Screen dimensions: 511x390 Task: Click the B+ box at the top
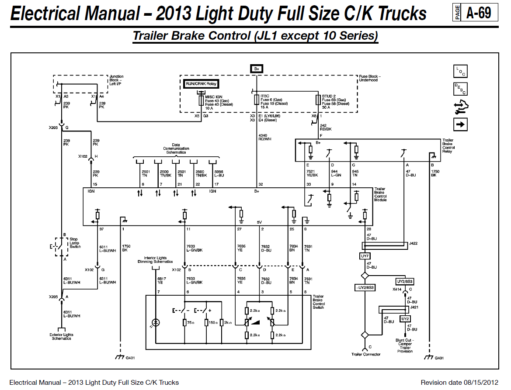[x=257, y=69]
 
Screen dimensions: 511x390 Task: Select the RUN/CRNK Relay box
[x=201, y=84]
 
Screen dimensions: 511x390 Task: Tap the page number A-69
[x=479, y=13]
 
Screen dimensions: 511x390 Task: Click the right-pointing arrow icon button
[x=460, y=124]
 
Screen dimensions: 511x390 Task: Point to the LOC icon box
[x=460, y=71]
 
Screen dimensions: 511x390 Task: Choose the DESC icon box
[x=460, y=89]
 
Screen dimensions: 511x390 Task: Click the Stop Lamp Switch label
[x=75, y=243]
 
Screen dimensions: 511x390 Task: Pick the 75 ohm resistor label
[x=191, y=323]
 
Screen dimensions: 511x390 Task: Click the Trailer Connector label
[x=365, y=354]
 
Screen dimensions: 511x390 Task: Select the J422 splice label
[x=413, y=243]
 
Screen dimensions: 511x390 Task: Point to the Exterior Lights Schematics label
[x=61, y=337]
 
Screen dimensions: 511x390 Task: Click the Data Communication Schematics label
[x=176, y=148]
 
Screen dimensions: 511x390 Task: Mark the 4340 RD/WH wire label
[x=264, y=137]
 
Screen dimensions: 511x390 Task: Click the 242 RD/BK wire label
[x=326, y=127]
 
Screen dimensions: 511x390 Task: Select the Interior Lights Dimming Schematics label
[x=155, y=260]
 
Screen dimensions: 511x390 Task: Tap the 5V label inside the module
[x=259, y=222]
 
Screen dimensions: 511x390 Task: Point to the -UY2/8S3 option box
[x=365, y=287]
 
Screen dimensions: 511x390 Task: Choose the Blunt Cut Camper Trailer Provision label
[x=405, y=346]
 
